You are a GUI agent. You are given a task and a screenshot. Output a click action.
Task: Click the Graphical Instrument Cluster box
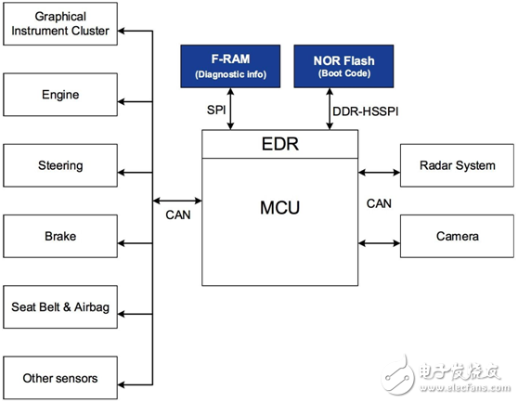pos(60,24)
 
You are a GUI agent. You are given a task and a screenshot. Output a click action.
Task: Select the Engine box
pos(60,95)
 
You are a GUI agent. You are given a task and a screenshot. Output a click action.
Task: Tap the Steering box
pos(60,165)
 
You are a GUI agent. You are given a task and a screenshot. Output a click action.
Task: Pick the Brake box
pos(60,236)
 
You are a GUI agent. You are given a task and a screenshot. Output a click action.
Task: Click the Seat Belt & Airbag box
pos(60,306)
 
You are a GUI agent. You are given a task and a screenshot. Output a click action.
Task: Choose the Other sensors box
pos(60,378)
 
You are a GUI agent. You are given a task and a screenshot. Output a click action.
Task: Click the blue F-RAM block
pos(230,66)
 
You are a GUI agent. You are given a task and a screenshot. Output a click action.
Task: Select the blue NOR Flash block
pos(343,66)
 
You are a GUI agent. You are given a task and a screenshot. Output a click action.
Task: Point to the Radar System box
pos(457,165)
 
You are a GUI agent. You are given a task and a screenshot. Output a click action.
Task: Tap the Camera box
pos(457,236)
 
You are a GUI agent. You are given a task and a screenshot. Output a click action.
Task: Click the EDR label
pos(280,144)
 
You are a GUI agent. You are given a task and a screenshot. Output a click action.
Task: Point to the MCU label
pos(279,208)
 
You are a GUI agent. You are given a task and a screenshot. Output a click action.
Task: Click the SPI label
pos(216,110)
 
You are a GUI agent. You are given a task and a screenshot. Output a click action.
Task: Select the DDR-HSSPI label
pos(366,111)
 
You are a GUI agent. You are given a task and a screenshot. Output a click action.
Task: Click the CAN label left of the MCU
pos(178,215)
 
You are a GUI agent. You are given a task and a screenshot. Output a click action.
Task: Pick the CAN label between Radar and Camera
pos(379,203)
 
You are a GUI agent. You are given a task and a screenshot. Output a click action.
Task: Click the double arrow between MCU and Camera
pos(379,243)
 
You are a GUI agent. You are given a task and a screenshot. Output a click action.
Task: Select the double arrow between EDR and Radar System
pos(379,172)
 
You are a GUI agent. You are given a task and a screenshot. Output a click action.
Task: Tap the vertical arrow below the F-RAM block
pos(230,109)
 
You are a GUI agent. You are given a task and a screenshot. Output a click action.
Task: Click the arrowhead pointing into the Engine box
pos(121,102)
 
